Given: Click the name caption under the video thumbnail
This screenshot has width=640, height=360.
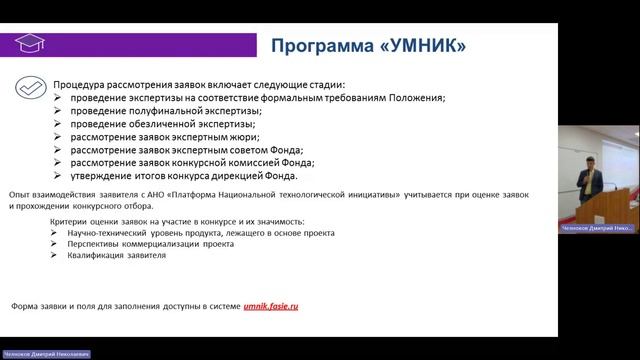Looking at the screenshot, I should tap(597, 228).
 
